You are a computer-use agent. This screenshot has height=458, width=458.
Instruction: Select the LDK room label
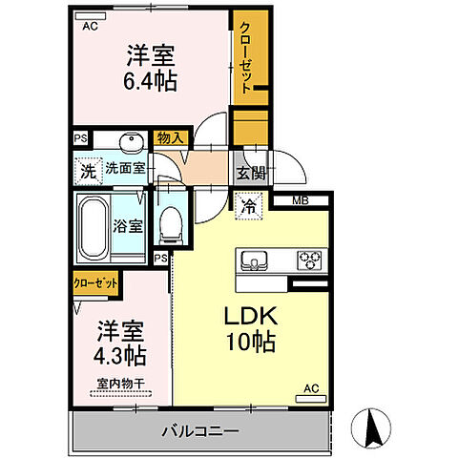pos(251,317)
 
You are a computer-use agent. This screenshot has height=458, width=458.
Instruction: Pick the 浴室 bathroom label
pos(129,226)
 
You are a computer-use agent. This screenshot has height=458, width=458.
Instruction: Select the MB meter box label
pos(300,200)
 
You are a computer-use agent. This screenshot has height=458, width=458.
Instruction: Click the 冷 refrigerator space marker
pos(248,205)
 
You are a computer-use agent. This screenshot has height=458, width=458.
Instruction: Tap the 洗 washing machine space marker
pos(87,173)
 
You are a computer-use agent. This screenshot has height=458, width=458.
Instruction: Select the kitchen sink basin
pos(257,259)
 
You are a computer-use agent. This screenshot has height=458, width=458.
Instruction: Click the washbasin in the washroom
pos(132,141)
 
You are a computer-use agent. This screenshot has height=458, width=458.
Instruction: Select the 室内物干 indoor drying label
pos(118,385)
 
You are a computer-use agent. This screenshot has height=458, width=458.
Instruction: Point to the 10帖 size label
pos(251,342)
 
